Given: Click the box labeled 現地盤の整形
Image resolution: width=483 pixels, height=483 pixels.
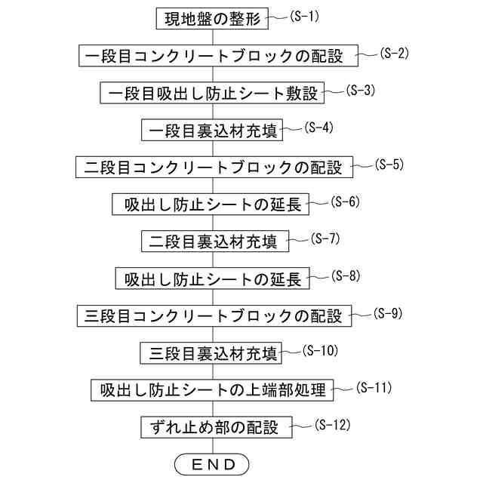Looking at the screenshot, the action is point(213,19).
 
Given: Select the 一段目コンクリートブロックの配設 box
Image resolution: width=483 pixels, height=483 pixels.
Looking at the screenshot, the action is point(214,56).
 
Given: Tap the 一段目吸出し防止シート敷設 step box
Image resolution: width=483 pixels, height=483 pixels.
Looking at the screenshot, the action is point(213,93).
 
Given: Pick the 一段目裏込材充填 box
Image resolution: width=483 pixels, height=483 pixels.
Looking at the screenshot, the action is point(213,130).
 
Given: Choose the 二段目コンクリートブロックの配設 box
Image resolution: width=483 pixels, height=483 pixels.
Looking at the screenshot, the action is point(214,167).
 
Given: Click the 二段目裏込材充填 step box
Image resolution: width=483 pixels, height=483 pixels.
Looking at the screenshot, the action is point(213,241).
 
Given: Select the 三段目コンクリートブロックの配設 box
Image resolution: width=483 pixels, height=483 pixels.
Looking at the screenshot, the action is point(214,315).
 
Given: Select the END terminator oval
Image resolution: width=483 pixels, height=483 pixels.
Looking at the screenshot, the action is point(212,463).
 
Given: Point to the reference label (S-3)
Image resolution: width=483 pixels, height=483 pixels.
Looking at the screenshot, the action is point(360,90).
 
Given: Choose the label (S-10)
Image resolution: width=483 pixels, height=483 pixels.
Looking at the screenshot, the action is point(319,350).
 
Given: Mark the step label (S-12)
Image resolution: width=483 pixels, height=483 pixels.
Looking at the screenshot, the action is point(332,424).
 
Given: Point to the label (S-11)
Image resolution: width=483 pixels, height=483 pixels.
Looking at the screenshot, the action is point(373,387).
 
